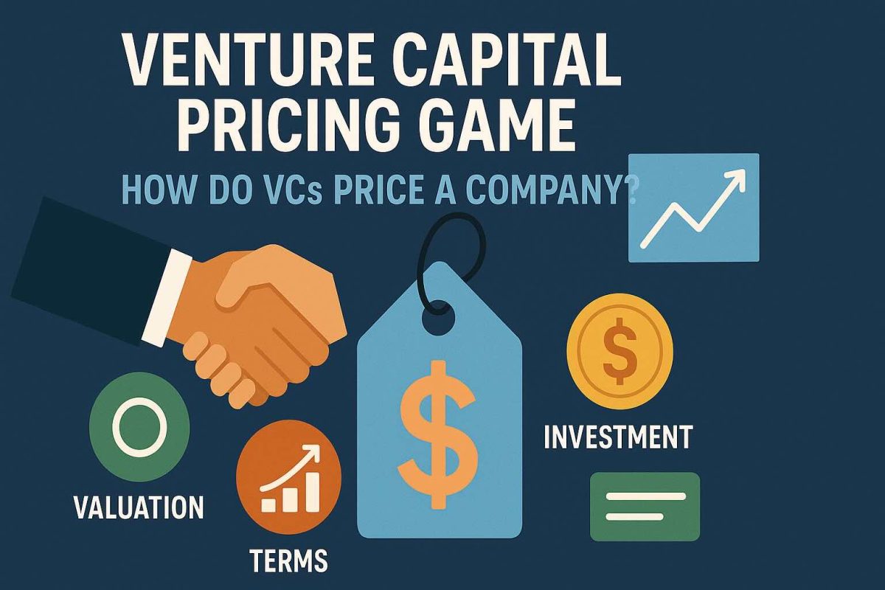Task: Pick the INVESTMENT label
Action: coord(617,437)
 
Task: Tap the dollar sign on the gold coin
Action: coord(619,347)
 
